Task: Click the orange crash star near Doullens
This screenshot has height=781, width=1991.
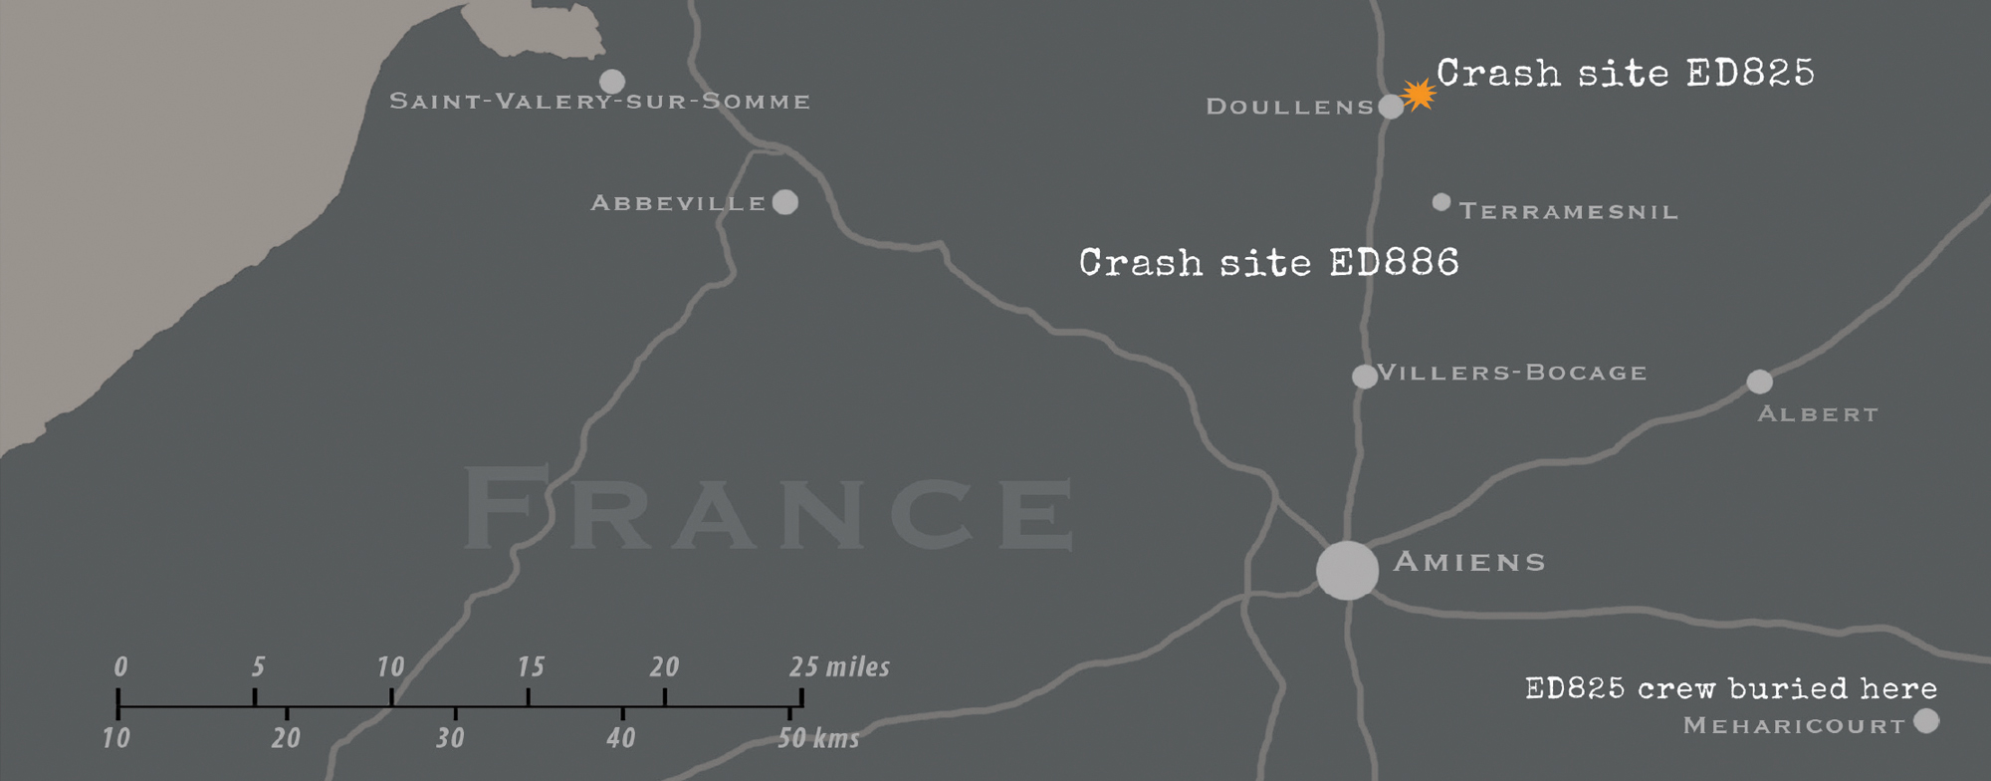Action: (x=1419, y=95)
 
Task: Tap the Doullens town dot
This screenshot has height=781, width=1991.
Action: (x=1391, y=107)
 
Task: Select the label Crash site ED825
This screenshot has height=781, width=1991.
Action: (x=1625, y=73)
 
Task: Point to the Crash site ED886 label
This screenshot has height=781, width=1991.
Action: (x=1268, y=263)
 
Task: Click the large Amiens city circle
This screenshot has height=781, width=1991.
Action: (x=1347, y=571)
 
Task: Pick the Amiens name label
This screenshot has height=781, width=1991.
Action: (x=1469, y=562)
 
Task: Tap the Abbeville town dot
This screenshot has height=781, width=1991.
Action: (x=785, y=202)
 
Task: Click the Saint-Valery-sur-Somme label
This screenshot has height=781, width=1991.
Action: (x=599, y=102)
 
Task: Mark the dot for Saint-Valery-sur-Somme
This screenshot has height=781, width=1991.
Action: (x=612, y=81)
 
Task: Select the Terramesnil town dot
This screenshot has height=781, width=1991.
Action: (x=1440, y=202)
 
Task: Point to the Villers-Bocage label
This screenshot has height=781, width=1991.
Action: (x=1511, y=373)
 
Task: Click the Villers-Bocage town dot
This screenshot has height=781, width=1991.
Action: (x=1364, y=377)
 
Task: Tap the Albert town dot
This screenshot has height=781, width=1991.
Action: (x=1759, y=382)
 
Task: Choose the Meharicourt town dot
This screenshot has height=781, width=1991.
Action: (x=1926, y=720)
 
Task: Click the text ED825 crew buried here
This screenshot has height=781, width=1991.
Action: (x=1730, y=688)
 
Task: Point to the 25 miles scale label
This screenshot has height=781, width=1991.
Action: (x=839, y=666)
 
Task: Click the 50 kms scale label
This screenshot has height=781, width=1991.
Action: (x=817, y=738)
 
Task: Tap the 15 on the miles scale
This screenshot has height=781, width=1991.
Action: (x=531, y=666)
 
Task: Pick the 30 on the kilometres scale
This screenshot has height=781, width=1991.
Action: (x=451, y=738)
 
